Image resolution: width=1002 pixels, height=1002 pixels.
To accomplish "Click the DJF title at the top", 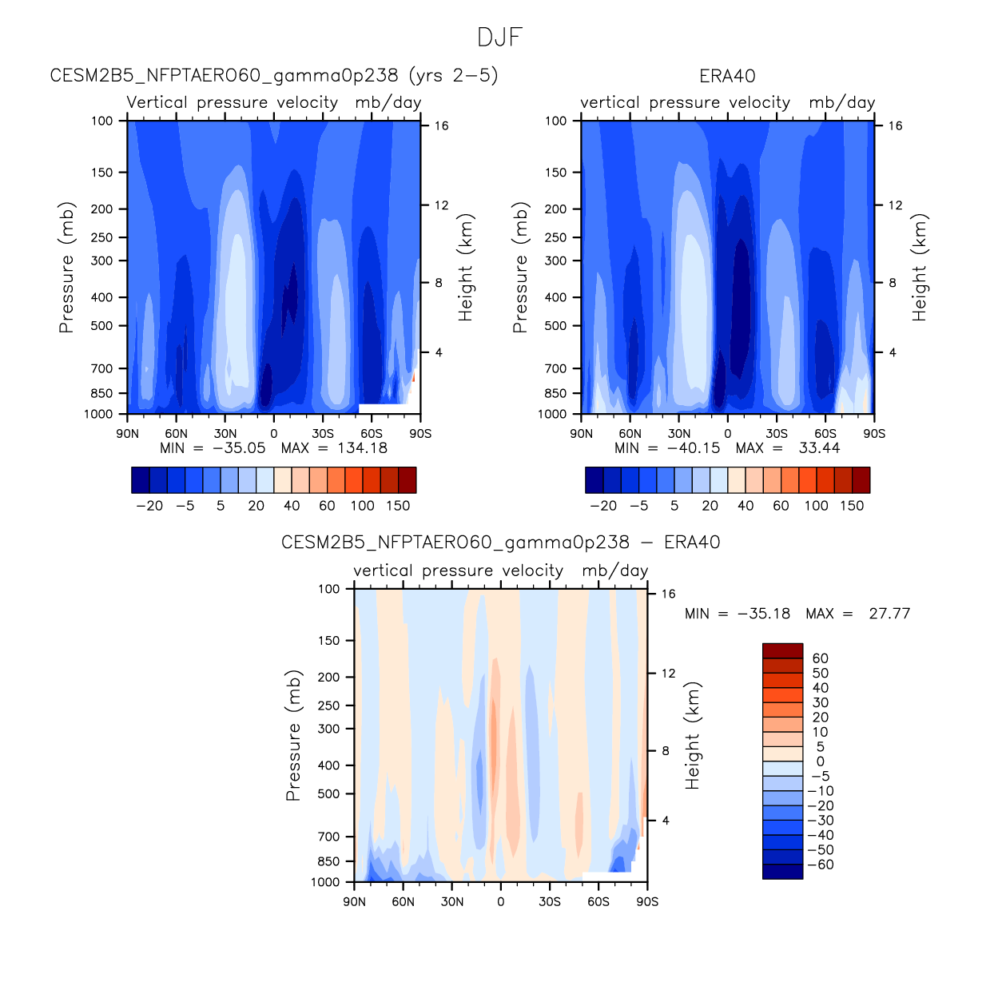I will pyautogui.click(x=500, y=38).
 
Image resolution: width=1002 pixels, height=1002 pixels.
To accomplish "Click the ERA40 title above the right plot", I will pyautogui.click(x=727, y=76).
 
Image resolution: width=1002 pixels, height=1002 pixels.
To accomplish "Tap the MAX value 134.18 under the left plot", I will pyautogui.click(x=363, y=447).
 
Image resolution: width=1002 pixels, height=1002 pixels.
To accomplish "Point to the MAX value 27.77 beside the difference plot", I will pyautogui.click(x=889, y=614).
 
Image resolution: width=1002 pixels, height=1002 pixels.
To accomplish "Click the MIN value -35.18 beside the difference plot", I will pyautogui.click(x=764, y=614).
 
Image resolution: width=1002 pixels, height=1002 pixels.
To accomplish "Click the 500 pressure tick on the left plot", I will pyautogui.click(x=102, y=326).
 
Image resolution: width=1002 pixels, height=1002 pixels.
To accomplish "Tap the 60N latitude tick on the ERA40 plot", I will pyautogui.click(x=630, y=434).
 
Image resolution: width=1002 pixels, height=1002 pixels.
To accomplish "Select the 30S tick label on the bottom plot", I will pyautogui.click(x=550, y=902).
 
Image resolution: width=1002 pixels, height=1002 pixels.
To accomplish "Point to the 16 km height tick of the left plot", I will pyautogui.click(x=441, y=125).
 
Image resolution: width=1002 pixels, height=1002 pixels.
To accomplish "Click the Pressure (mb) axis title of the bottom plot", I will pyautogui.click(x=293, y=736).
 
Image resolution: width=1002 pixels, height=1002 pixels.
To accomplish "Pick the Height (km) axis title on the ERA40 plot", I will pyautogui.click(x=920, y=268).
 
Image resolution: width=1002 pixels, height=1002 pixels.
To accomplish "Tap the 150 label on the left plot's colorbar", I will pyautogui.click(x=398, y=506).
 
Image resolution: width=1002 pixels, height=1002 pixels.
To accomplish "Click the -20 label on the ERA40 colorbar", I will pyautogui.click(x=603, y=506).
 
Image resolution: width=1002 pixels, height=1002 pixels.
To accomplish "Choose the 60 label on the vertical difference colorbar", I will pyautogui.click(x=821, y=658).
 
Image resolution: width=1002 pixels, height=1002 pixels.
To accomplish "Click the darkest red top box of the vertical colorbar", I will pyautogui.click(x=782, y=650).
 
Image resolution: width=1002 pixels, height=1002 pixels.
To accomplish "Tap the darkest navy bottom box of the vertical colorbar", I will pyautogui.click(x=782, y=872).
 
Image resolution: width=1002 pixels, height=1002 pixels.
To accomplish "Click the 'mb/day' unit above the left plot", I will pyautogui.click(x=388, y=102).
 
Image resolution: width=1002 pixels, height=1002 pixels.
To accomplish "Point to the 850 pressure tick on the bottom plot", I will pyautogui.click(x=328, y=861).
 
